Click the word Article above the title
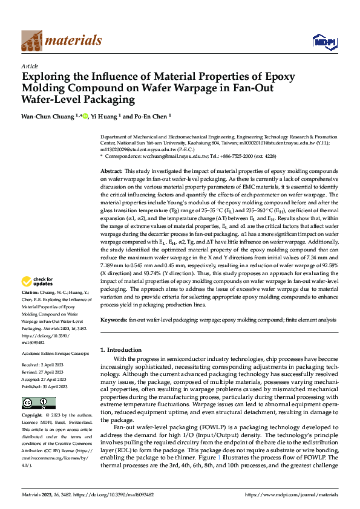coord(30,66)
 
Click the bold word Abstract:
coord(111,172)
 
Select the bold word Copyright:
coord(33,416)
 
